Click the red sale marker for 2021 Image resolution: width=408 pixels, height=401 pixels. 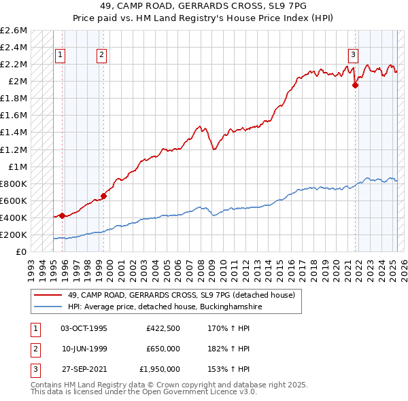355,86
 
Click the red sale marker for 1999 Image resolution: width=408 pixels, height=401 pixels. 104,196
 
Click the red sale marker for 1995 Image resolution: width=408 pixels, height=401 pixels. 62,215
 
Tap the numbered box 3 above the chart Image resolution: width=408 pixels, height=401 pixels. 354,56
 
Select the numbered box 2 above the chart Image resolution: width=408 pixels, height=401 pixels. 101,56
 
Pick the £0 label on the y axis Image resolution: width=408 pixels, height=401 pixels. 22,251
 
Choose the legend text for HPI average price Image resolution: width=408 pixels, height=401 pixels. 165,307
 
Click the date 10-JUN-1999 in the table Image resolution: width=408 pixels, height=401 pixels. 84,349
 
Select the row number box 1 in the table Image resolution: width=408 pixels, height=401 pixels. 33,328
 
